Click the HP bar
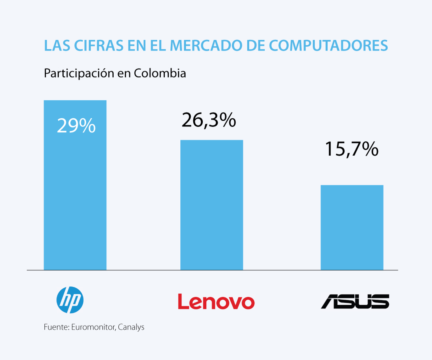coord(75,192)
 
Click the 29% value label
coord(76,126)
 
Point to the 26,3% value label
coord(208,120)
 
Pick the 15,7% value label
coord(352,149)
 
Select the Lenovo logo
coord(216,302)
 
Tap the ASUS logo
coord(355,301)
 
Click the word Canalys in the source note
coord(132,327)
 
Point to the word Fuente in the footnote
coord(56,327)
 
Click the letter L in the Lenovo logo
coord(183,302)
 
